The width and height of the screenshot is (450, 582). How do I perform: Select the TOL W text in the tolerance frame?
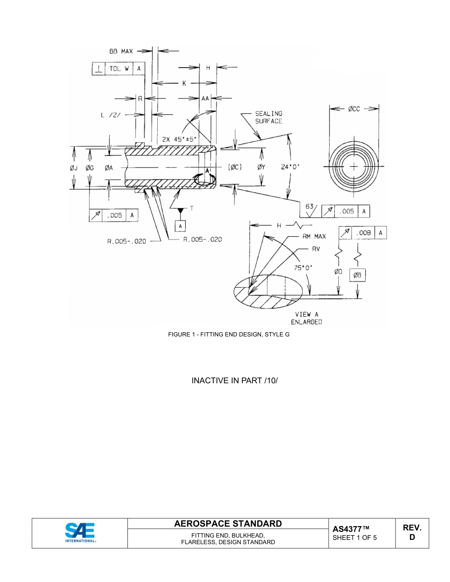click(x=119, y=69)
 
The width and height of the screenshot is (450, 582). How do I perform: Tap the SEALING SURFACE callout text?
click(x=269, y=117)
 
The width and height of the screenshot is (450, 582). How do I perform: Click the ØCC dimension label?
click(x=354, y=109)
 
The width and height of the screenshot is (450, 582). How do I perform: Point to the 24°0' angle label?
click(x=290, y=167)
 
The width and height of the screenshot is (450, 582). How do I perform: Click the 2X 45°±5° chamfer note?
click(x=179, y=140)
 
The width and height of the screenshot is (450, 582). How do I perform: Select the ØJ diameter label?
click(x=74, y=168)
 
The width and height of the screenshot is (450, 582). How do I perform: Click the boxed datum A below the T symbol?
click(x=180, y=227)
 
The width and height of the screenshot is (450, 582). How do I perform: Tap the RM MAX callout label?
click(x=314, y=236)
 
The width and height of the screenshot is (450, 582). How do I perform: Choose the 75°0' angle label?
click(x=300, y=267)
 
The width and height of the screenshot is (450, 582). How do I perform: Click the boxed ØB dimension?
click(x=358, y=275)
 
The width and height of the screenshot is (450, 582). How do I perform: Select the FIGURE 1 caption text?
click(x=229, y=335)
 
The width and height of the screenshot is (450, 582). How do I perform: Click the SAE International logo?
click(x=80, y=533)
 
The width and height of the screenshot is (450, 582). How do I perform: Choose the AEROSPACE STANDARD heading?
click(x=228, y=523)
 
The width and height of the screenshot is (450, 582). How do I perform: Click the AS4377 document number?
click(x=351, y=529)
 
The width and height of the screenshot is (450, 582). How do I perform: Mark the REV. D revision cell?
click(x=412, y=532)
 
